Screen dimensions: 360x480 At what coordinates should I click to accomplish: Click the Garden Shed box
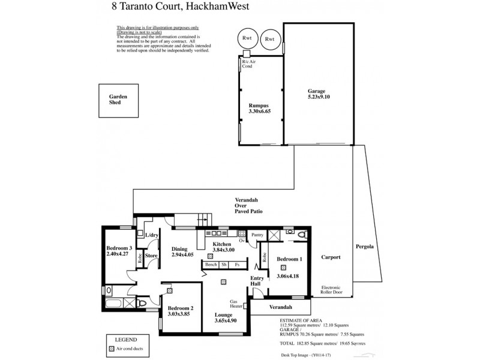pyautogui.click(x=115, y=100)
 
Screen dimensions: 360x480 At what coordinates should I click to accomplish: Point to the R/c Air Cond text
pyautogui.click(x=247, y=64)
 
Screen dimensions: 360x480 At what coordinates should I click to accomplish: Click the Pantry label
pyautogui.click(x=258, y=235)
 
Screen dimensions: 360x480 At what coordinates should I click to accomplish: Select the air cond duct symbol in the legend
pyautogui.click(x=111, y=348)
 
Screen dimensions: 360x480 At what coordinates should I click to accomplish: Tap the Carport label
pyautogui.click(x=331, y=257)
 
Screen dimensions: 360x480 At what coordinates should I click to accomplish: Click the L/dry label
pyautogui.click(x=152, y=235)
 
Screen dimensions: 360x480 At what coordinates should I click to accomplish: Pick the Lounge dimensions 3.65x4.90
pyautogui.click(x=226, y=320)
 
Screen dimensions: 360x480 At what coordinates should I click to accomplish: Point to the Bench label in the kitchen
pyautogui.click(x=211, y=265)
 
